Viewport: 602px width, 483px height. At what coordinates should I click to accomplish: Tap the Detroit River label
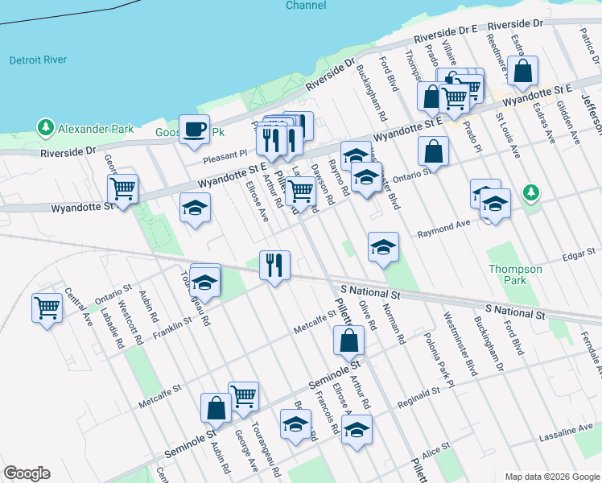[x=37, y=60]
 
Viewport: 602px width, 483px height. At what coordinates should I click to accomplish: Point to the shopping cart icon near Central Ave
[x=47, y=307]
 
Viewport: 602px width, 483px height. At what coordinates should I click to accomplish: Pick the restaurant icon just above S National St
[x=274, y=265]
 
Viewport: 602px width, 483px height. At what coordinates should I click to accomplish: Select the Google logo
[x=26, y=473]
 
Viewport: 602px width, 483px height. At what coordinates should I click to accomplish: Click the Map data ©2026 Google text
[x=552, y=477]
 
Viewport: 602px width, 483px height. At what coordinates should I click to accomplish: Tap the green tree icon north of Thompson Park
[x=530, y=192]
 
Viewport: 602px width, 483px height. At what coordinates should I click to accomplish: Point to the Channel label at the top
[x=306, y=6]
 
